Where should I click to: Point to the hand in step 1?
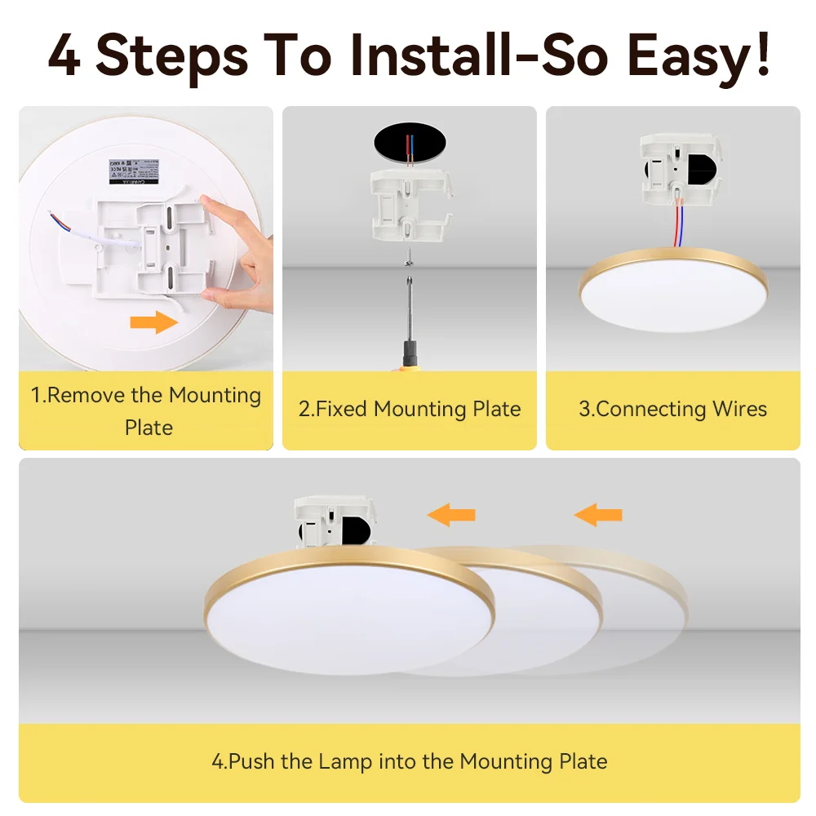point(237,253)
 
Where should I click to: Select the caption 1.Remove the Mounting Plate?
point(146,411)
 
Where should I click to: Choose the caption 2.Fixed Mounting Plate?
point(409,409)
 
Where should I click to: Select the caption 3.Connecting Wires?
point(673,409)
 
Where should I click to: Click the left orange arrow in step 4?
point(451,514)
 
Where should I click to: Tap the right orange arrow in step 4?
point(597,514)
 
